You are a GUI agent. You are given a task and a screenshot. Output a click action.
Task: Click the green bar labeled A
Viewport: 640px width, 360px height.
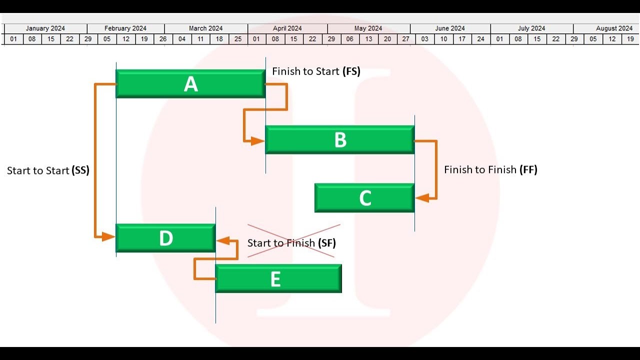[190, 84]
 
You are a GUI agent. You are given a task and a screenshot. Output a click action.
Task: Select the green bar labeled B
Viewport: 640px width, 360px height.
[340, 140]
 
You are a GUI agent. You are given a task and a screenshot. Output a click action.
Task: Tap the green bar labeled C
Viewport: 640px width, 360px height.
[364, 198]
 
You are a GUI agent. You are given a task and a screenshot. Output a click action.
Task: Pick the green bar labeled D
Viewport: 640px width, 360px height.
[165, 238]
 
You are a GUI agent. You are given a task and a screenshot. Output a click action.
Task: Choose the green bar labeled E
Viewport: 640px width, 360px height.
[278, 278]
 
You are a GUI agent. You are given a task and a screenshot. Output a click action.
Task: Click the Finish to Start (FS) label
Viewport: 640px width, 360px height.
[316, 71]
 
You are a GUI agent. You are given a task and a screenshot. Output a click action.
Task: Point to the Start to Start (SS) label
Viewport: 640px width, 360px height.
[48, 170]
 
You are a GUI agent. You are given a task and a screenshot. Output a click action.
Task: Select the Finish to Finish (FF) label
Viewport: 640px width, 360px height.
[490, 170]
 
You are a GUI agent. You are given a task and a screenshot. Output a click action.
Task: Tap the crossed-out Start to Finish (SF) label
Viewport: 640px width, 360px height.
[291, 243]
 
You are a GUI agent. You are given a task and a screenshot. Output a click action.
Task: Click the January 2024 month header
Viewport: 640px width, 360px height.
[45, 28]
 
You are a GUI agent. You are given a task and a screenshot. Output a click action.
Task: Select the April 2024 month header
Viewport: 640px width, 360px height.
[287, 28]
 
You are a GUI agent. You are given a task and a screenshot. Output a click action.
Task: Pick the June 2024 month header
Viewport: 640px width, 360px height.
[450, 28]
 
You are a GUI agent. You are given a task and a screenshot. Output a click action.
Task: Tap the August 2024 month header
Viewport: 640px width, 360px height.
[614, 28]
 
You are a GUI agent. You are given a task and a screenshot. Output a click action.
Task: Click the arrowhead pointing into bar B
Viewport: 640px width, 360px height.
[258, 141]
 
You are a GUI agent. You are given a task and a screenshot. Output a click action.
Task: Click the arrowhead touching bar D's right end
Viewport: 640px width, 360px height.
[222, 241]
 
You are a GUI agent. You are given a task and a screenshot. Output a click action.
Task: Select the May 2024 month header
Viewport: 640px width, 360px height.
[368, 28]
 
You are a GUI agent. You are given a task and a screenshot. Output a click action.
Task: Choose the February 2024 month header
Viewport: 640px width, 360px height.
[125, 28]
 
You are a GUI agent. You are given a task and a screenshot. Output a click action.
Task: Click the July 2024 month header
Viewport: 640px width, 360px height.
[531, 28]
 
